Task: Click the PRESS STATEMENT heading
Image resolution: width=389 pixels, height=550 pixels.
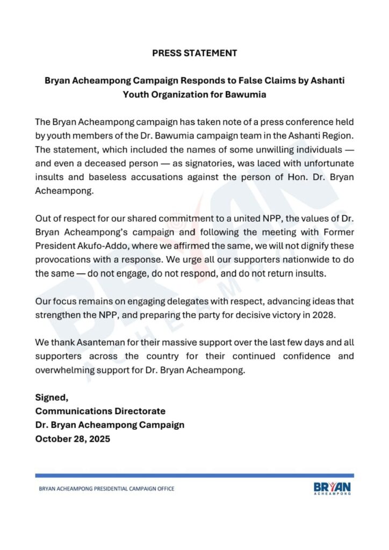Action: [194, 53]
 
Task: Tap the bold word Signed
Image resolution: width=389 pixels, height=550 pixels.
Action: [52, 398]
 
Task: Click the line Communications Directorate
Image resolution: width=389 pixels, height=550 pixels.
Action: [100, 411]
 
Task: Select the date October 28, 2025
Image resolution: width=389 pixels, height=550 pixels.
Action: [73, 438]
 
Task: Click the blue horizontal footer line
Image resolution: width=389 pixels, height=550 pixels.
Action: [194, 475]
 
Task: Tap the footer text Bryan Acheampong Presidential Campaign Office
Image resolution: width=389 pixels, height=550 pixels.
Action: [107, 488]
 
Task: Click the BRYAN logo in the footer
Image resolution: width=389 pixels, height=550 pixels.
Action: [332, 487]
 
